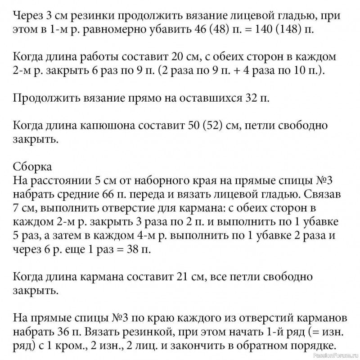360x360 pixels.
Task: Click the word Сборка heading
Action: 33,166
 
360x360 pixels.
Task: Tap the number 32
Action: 250,98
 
